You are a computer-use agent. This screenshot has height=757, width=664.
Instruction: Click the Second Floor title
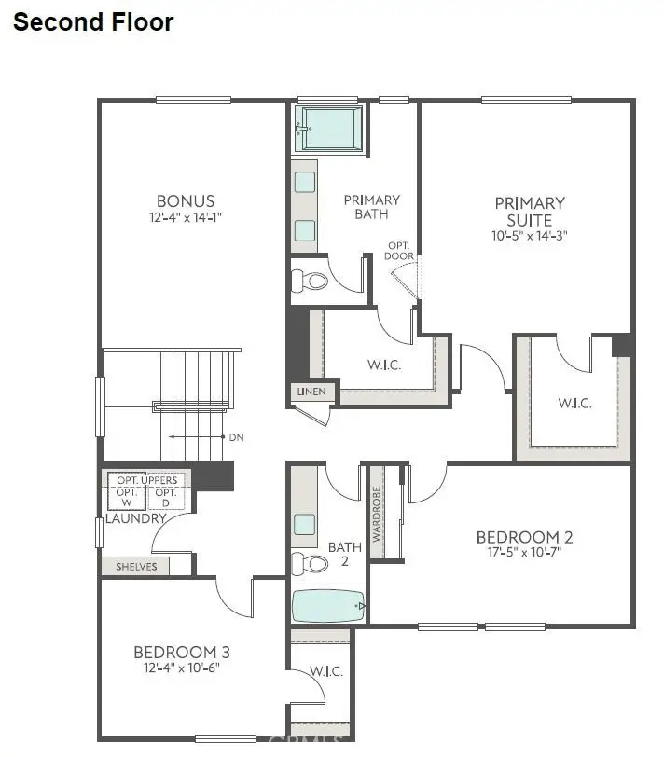(92, 22)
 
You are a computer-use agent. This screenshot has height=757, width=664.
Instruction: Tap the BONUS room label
(186, 200)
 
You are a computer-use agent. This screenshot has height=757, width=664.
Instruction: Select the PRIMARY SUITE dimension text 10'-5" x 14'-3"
(530, 237)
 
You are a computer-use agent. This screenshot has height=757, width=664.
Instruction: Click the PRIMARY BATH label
(371, 207)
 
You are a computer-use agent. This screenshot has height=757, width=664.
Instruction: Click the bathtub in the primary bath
(330, 128)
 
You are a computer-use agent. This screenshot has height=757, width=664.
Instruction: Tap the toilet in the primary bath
(311, 281)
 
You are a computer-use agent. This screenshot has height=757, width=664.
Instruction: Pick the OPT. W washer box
(127, 497)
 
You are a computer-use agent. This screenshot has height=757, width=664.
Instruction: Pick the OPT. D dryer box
(165, 497)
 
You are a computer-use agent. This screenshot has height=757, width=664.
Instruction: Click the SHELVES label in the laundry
(135, 566)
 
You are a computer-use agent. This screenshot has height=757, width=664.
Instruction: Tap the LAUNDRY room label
(135, 518)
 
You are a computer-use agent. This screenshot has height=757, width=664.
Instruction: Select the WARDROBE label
(378, 514)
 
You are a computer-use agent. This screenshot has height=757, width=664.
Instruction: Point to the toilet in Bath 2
(311, 563)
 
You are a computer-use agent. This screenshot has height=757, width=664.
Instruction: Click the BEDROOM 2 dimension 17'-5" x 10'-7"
(524, 552)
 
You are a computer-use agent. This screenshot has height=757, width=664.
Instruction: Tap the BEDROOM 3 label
(181, 652)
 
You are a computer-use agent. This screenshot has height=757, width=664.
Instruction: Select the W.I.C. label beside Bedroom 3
(325, 671)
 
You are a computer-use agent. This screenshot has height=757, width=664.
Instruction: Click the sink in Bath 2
(304, 524)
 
